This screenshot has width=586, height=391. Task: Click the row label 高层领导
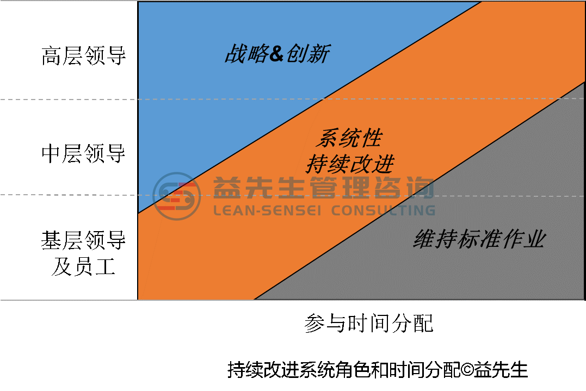[84, 55]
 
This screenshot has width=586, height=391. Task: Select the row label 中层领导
[84, 153]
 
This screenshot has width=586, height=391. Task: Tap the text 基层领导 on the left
[84, 240]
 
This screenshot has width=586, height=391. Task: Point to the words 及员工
[84, 266]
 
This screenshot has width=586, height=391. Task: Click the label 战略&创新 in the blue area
[277, 53]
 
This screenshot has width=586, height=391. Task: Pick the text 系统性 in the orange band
[349, 138]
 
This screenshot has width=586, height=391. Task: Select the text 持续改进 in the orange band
[350, 164]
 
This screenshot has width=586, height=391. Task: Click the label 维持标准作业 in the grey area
[480, 239]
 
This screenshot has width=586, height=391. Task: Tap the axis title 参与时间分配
[369, 323]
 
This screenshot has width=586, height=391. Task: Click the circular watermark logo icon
[177, 196]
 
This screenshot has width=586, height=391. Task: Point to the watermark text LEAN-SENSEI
[267, 210]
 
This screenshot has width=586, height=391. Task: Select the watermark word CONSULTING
[384, 210]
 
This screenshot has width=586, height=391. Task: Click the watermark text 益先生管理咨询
[324, 187]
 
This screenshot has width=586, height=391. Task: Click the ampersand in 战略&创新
[276, 53]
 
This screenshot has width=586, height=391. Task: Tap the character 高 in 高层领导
[52, 55]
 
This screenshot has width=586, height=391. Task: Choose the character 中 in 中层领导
[52, 153]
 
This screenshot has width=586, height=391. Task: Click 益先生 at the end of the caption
[501, 370]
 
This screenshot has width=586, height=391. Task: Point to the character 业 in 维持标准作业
[535, 239]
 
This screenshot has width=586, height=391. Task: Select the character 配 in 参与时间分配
[423, 323]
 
